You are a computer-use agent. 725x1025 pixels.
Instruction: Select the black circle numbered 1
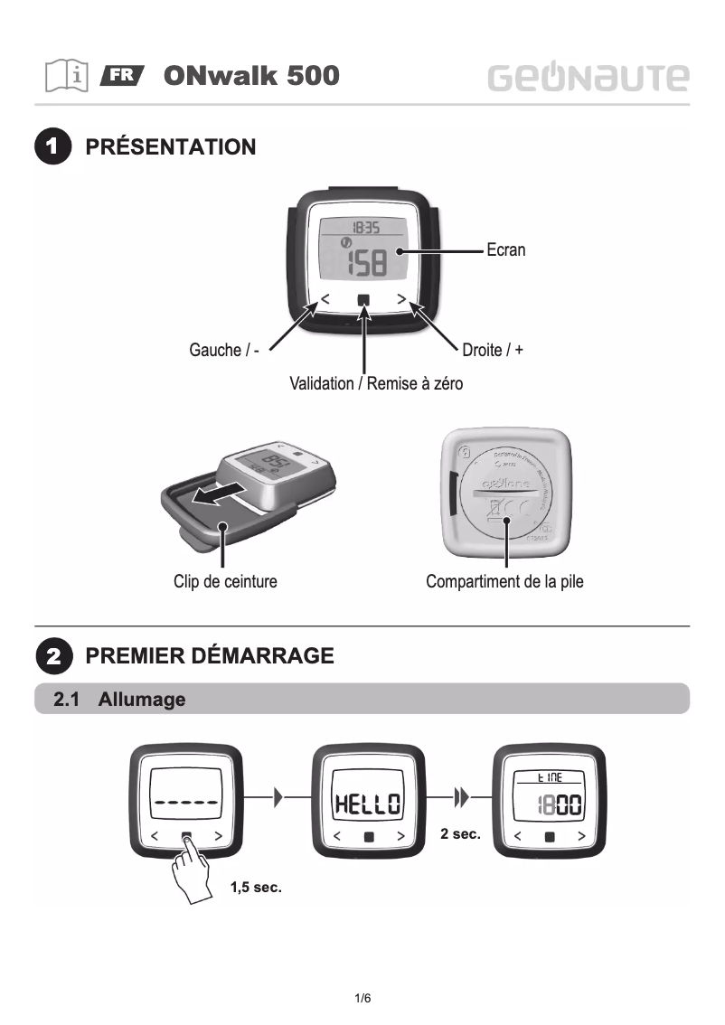pyautogui.click(x=53, y=147)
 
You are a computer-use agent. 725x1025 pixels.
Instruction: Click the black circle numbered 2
pyautogui.click(x=53, y=656)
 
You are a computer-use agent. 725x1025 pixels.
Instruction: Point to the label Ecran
pyautogui.click(x=505, y=250)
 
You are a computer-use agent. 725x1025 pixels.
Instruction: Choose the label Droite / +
pyautogui.click(x=493, y=350)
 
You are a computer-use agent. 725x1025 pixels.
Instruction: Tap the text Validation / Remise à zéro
pyautogui.click(x=376, y=384)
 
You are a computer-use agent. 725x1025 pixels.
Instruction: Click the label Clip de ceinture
pyautogui.click(x=225, y=582)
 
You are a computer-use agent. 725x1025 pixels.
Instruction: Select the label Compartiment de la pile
pyautogui.click(x=504, y=582)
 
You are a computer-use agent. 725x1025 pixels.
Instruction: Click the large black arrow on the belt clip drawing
pyautogui.click(x=222, y=493)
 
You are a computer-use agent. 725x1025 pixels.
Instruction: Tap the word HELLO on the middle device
pyautogui.click(x=367, y=803)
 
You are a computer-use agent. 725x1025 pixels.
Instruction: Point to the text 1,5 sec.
pyautogui.click(x=257, y=888)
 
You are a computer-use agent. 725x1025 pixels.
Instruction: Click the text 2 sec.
pyautogui.click(x=460, y=833)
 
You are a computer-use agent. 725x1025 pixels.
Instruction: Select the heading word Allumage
pyautogui.click(x=142, y=700)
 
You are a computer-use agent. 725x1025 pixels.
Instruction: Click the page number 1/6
pyautogui.click(x=362, y=999)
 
